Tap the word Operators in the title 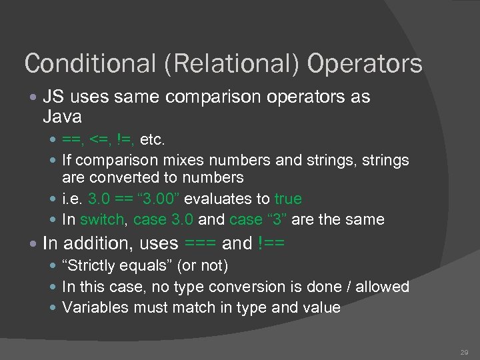pyautogui.click(x=365, y=64)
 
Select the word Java pyautogui.click(x=62, y=118)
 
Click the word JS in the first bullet pyautogui.click(x=53, y=97)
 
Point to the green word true pyautogui.click(x=288, y=199)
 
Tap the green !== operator pyautogui.click(x=270, y=243)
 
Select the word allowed pyautogui.click(x=383, y=287)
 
